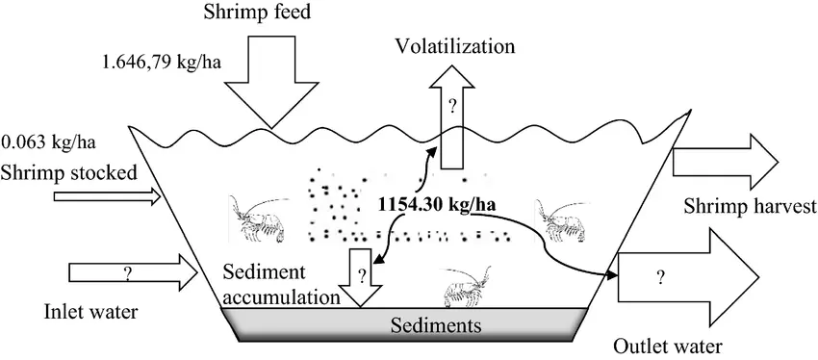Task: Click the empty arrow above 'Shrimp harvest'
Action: (x=731, y=155)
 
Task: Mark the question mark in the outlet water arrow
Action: (x=660, y=278)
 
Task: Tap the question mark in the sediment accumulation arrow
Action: (x=361, y=274)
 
